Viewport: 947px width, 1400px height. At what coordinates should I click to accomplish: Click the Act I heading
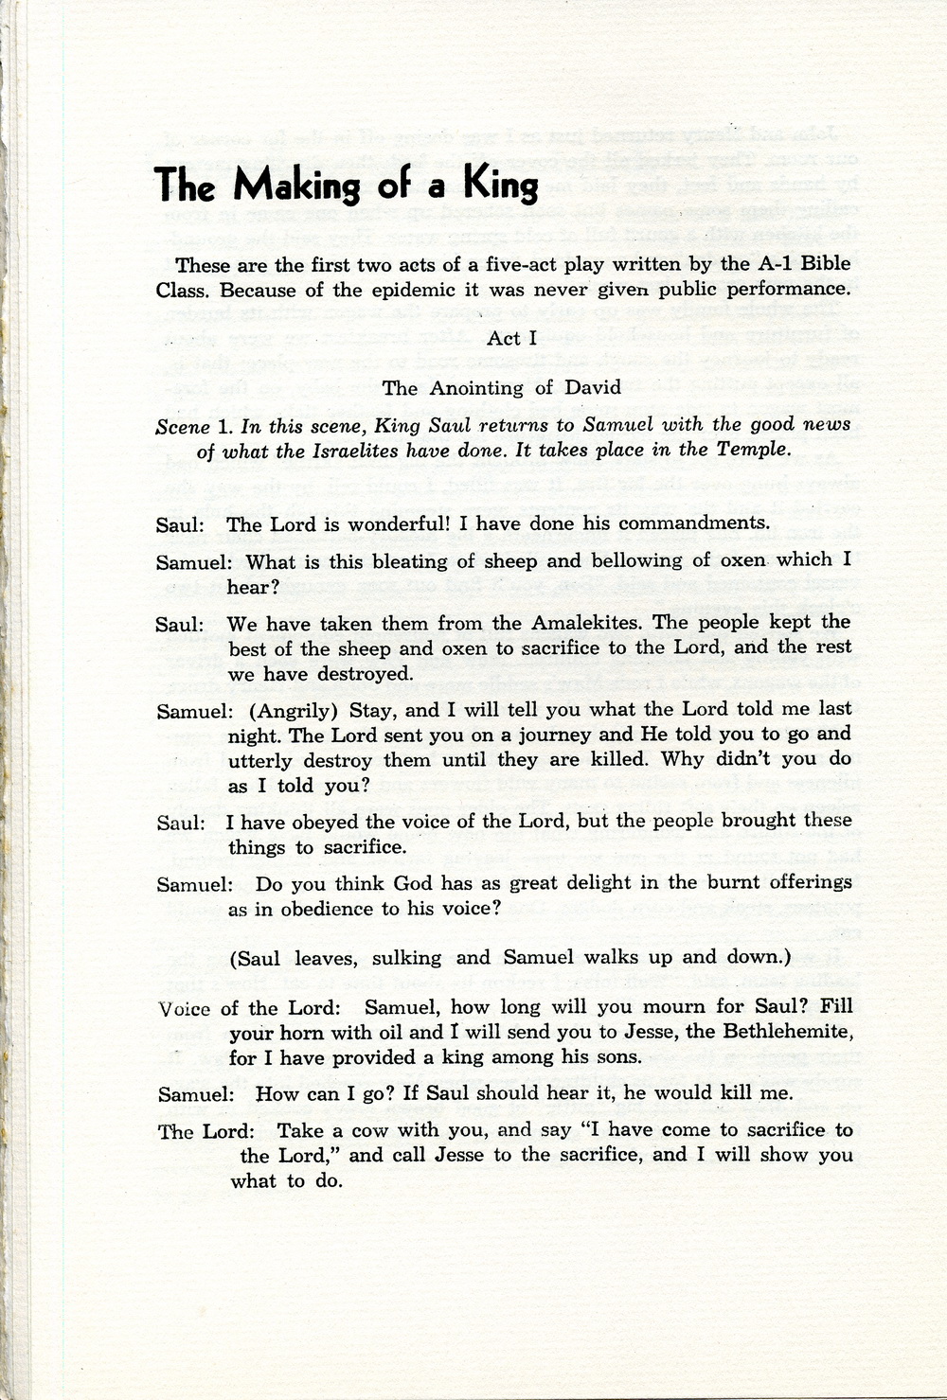click(512, 338)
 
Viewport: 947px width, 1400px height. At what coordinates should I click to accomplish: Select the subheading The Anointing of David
click(502, 387)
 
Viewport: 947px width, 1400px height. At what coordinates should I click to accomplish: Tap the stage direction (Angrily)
click(285, 708)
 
